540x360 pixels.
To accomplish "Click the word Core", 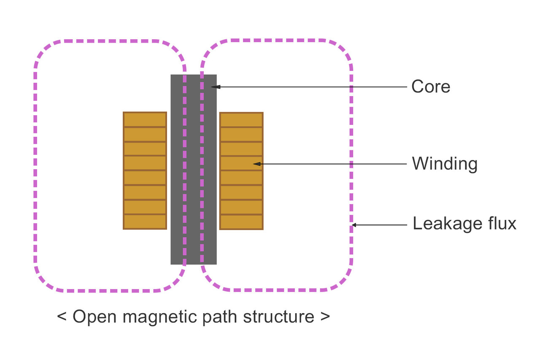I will click(x=431, y=87).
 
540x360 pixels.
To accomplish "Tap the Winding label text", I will click(x=444, y=164).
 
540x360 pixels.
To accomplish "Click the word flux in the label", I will click(x=502, y=223).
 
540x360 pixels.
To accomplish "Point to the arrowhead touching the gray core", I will click(x=215, y=87).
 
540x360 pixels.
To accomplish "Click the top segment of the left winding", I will click(x=145, y=119).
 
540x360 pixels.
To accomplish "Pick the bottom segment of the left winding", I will click(x=145, y=222).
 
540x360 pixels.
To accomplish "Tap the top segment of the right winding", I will click(x=241, y=119).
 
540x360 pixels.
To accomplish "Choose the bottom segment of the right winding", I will click(x=241, y=222).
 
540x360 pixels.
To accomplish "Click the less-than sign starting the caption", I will click(x=62, y=317).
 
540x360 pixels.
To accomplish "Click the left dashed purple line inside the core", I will click(x=184, y=169).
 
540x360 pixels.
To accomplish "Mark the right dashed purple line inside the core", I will click(x=201, y=169).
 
